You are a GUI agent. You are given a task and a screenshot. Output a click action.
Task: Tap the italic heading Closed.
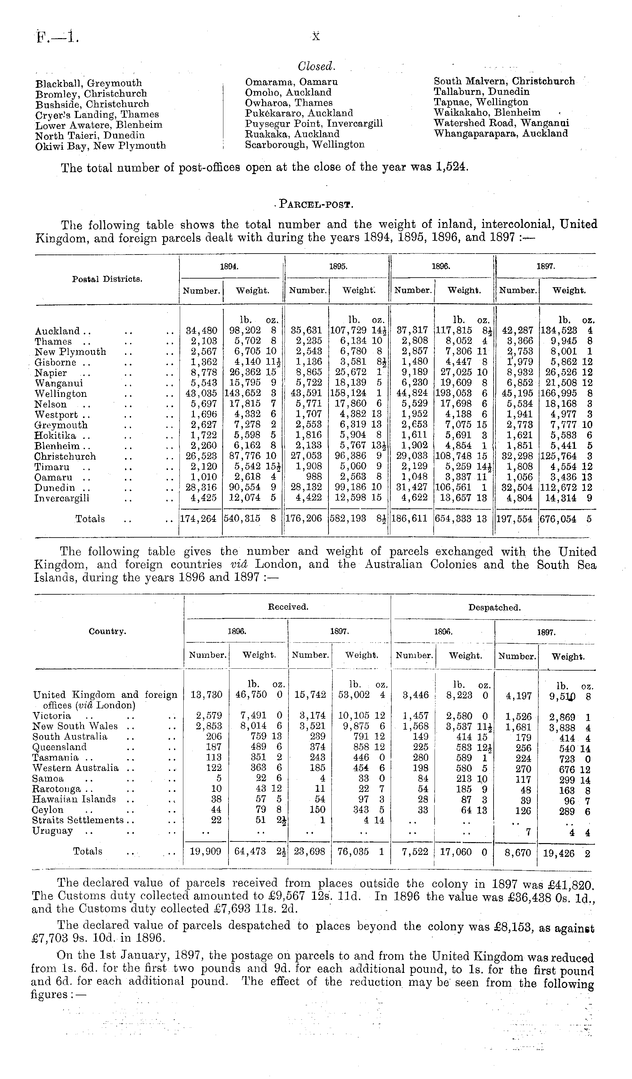click(316, 66)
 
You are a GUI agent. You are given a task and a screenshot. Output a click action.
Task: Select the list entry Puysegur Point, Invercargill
click(313, 124)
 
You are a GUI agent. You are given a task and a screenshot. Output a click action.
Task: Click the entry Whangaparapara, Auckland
click(501, 134)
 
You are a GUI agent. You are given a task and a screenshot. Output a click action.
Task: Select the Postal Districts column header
click(107, 279)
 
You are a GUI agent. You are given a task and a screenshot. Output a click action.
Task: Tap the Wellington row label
click(61, 394)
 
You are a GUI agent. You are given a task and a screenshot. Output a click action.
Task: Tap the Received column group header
click(288, 607)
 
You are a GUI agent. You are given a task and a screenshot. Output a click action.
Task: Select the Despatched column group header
click(494, 607)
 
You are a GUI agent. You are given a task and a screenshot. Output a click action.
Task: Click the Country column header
click(107, 632)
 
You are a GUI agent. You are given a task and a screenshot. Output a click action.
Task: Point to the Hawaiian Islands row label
click(74, 799)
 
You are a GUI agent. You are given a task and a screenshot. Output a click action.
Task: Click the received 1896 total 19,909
click(205, 852)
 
